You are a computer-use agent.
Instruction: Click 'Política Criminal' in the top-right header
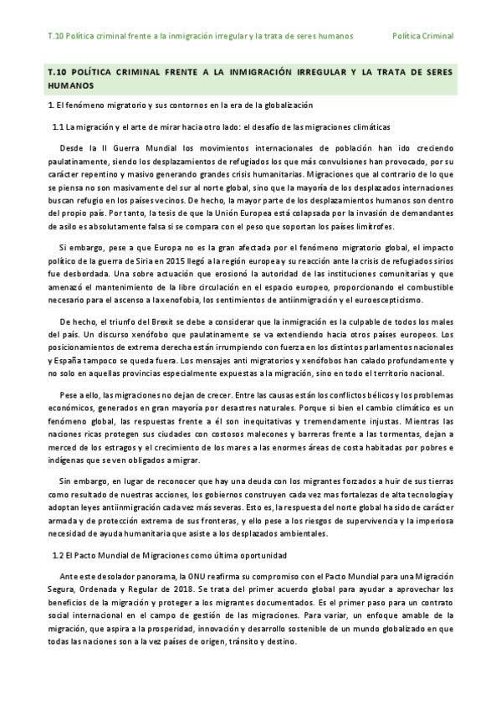(x=423, y=37)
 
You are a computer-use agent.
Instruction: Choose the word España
(x=68, y=361)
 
